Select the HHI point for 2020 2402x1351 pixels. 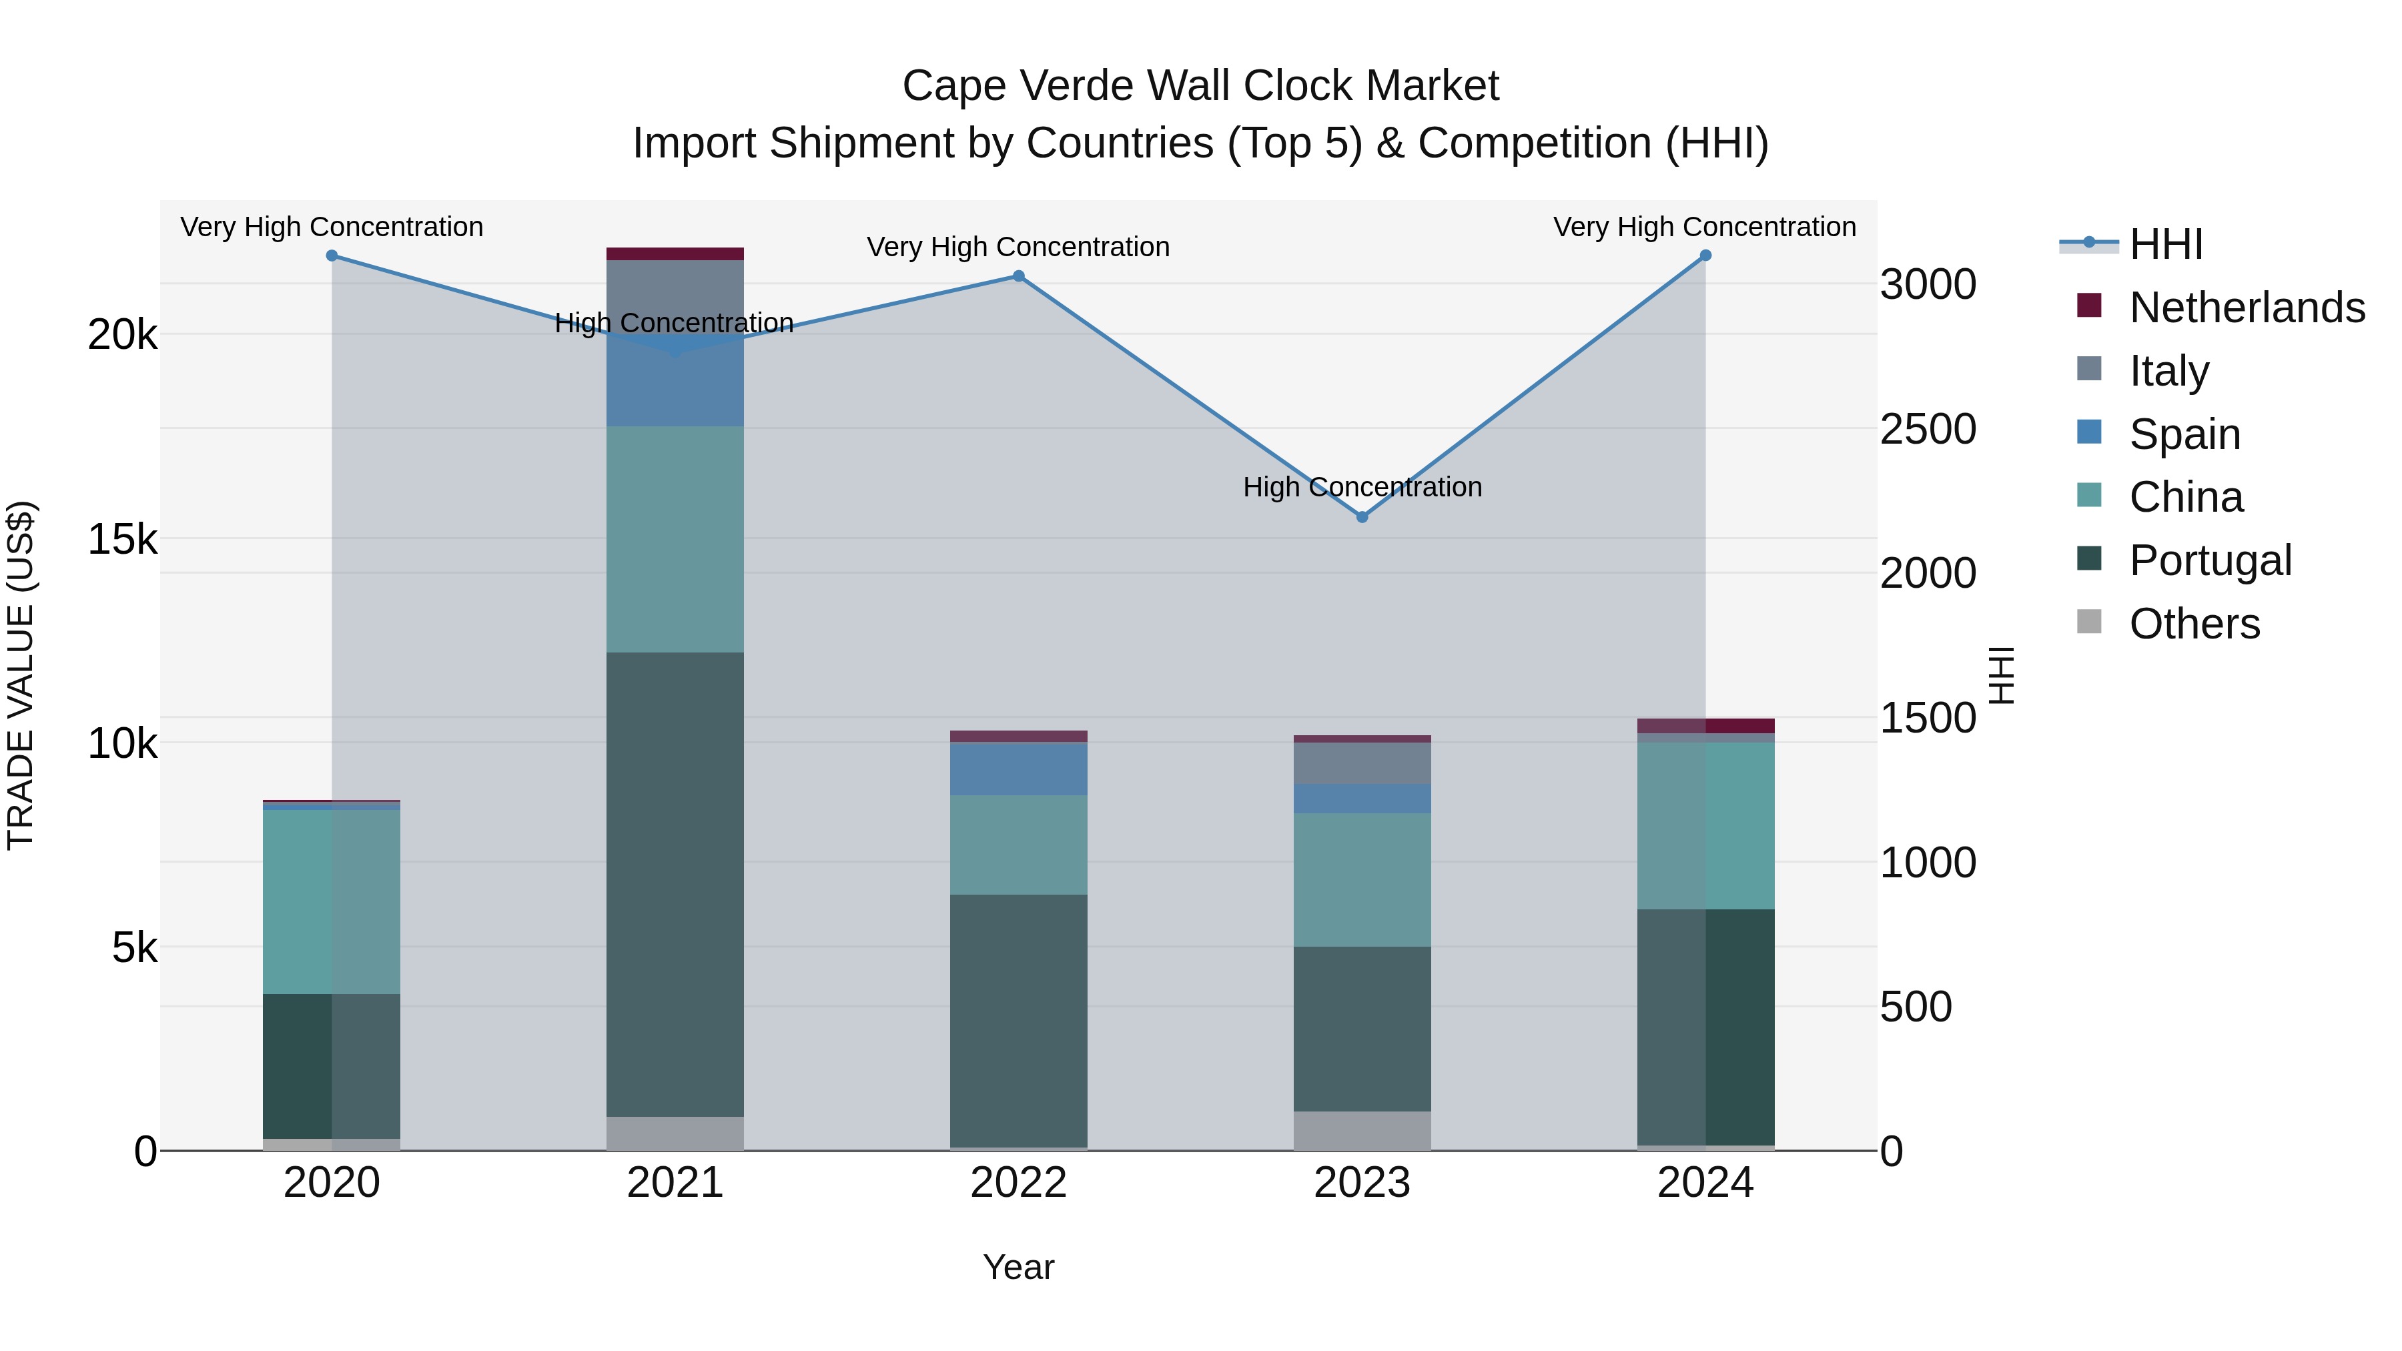pyautogui.click(x=332, y=256)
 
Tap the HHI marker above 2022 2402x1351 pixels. pyautogui.click(x=1018, y=276)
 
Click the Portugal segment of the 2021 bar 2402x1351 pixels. pyautogui.click(x=675, y=884)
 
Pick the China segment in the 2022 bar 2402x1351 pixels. pyautogui.click(x=1018, y=845)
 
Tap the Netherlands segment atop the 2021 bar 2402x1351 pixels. pyautogui.click(x=675, y=254)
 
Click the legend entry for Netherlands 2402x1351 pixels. pyautogui.click(x=2247, y=307)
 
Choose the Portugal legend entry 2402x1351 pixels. pyautogui.click(x=2210, y=560)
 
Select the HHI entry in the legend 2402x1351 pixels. pyautogui.click(x=2166, y=244)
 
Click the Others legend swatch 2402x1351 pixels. pyautogui.click(x=2090, y=622)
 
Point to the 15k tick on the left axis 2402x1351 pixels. pyautogui.click(x=122, y=539)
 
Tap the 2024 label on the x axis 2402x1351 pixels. pyautogui.click(x=1705, y=1183)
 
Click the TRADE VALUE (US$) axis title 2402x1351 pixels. pyautogui.click(x=21, y=675)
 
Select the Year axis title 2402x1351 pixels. pyautogui.click(x=1018, y=1267)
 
